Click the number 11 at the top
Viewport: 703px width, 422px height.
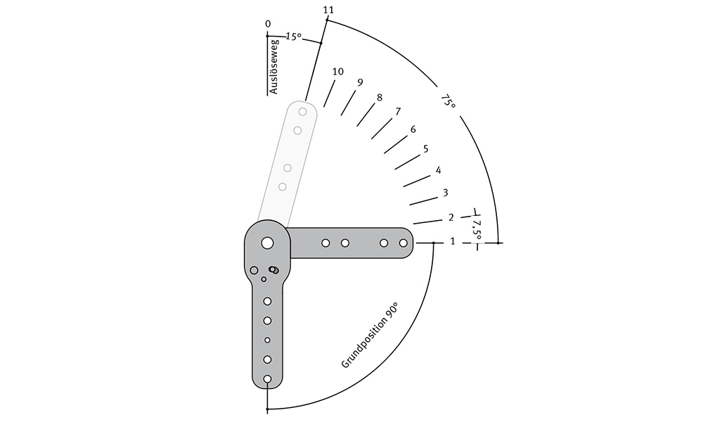(x=328, y=10)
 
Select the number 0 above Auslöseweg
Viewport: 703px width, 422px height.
(x=268, y=24)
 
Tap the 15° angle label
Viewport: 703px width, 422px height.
(x=293, y=37)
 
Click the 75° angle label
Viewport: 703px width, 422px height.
(x=448, y=101)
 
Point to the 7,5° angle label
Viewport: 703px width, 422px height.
(x=476, y=229)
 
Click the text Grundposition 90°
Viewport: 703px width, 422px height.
(x=370, y=335)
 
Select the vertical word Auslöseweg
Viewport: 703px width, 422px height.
(x=274, y=67)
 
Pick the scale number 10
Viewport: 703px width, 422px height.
(x=338, y=71)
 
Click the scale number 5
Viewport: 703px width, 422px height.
(x=425, y=149)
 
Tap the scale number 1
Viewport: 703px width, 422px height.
(x=452, y=241)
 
